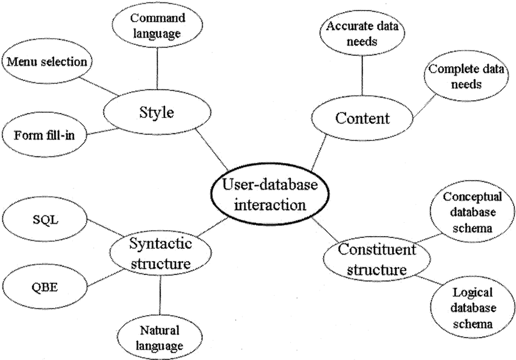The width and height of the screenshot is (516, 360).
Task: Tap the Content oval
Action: (362, 118)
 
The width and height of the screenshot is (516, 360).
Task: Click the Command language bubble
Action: (157, 26)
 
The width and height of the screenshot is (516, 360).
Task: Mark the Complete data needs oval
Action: (466, 76)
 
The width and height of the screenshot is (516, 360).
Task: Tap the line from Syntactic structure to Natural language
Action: (160, 296)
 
